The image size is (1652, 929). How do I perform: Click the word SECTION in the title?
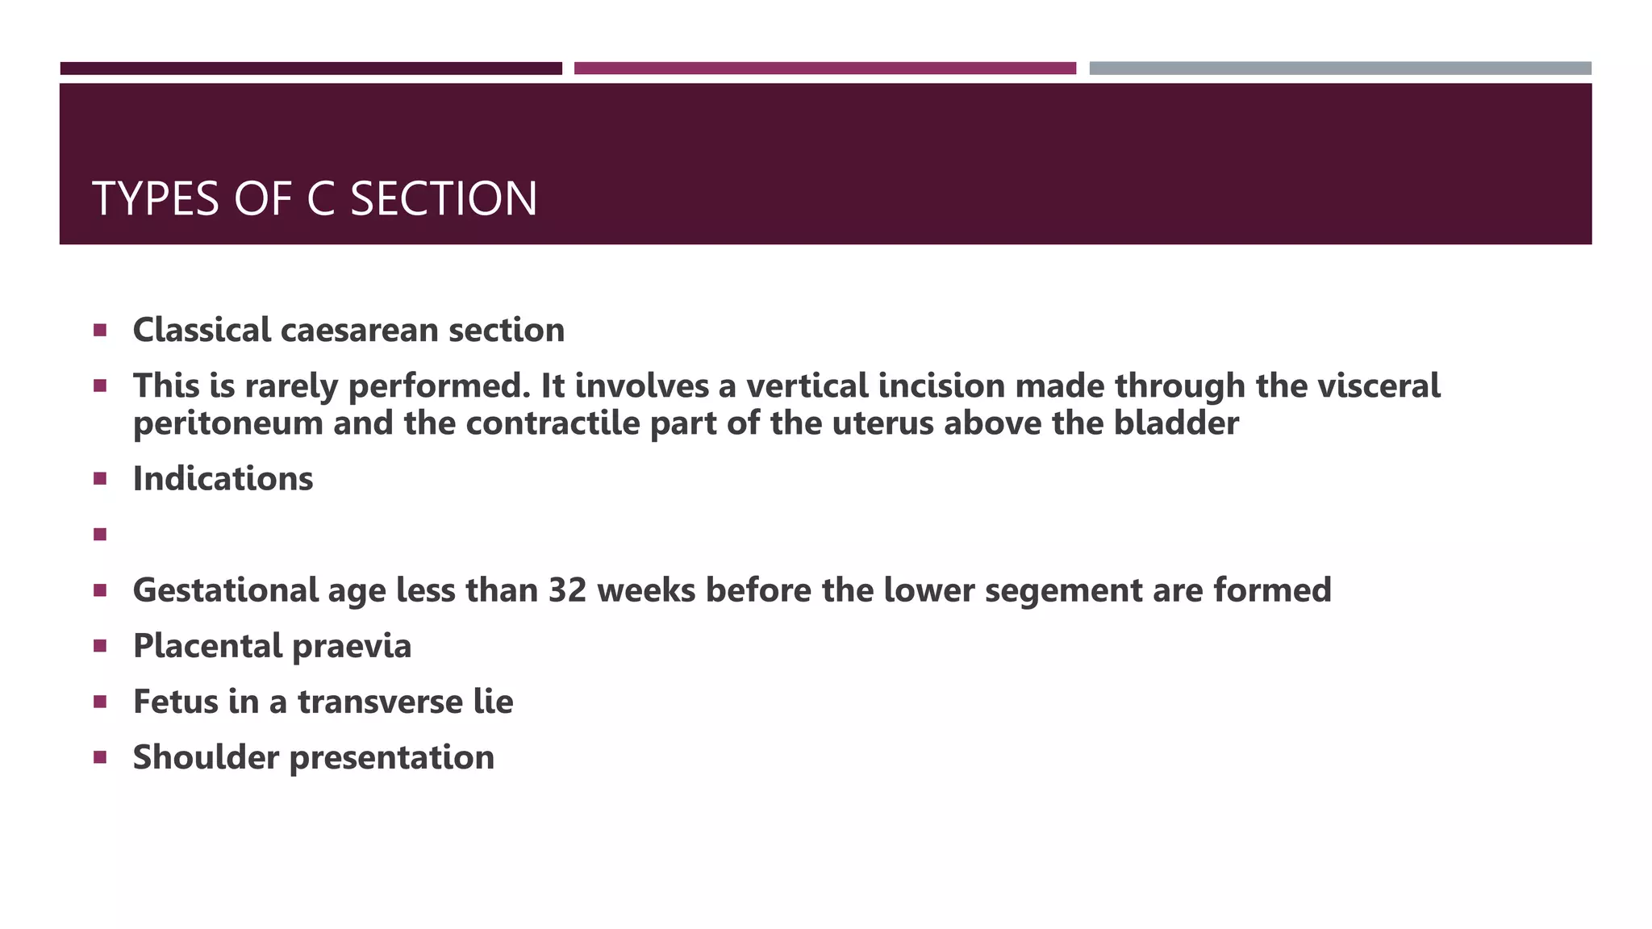tap(444, 199)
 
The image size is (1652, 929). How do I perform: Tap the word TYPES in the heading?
tap(156, 199)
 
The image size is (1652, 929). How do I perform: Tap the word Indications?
tap(223, 478)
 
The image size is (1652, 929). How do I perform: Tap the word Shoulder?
tap(206, 757)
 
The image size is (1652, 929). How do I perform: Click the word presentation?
tap(392, 758)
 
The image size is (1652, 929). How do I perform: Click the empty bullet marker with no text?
tap(100, 534)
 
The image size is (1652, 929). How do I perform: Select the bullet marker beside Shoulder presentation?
tap(100, 757)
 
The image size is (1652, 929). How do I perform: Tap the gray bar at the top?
tap(1340, 69)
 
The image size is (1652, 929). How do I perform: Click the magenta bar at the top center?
tap(824, 69)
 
